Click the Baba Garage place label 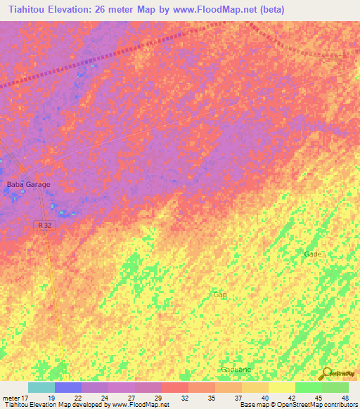click(29, 184)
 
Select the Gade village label click(312, 254)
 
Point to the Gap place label click(220, 294)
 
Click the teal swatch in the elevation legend click(41, 387)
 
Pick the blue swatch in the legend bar click(67, 387)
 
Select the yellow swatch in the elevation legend click(281, 387)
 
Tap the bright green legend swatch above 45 click(308, 387)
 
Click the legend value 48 click(345, 397)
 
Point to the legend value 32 click(184, 397)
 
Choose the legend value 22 click(77, 397)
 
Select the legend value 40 click(264, 397)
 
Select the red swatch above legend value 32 click(174, 387)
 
